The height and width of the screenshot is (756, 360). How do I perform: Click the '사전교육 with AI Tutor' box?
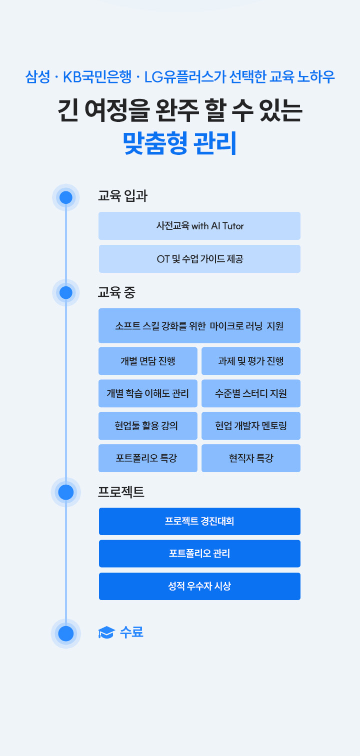tap(199, 226)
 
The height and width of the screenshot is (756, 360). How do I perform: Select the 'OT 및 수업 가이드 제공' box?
tap(199, 259)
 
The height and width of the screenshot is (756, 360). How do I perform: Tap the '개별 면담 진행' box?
tap(148, 361)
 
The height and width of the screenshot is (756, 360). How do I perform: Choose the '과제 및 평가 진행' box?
tap(251, 361)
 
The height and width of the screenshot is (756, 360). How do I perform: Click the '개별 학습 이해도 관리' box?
tap(148, 394)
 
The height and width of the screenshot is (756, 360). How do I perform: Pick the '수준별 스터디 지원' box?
tap(251, 394)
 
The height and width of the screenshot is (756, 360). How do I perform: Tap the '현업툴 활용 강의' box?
tap(148, 426)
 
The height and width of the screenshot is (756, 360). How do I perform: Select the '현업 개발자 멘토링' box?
tap(251, 426)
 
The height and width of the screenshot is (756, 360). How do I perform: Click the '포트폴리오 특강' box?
tap(148, 458)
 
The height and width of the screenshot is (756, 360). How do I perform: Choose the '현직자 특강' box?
tap(251, 458)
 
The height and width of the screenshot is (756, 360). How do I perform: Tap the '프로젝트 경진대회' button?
tap(199, 522)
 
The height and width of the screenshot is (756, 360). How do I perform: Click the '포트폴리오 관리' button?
tap(199, 554)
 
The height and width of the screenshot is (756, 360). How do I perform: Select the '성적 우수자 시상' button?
tap(199, 586)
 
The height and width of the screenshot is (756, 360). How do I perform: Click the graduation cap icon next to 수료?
tap(106, 633)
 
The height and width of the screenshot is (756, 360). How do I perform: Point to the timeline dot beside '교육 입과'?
tap(66, 197)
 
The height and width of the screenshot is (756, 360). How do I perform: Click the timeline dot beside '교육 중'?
tap(66, 293)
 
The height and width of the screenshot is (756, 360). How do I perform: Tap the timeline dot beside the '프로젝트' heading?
tap(66, 492)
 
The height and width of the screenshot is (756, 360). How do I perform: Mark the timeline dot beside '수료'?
tap(66, 634)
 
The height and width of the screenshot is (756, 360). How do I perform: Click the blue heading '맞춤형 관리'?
tap(179, 143)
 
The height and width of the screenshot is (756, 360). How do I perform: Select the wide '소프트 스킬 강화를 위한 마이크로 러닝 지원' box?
tap(199, 326)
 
